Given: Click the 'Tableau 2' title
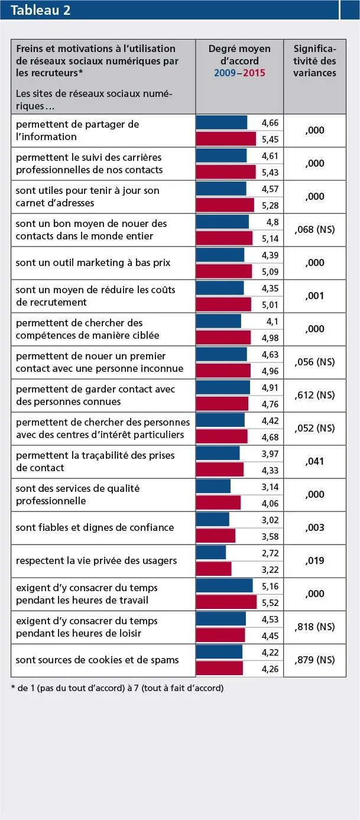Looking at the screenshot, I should pyautogui.click(x=41, y=10).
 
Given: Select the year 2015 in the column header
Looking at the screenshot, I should pyautogui.click(x=254, y=73).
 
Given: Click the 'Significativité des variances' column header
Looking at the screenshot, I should pyautogui.click(x=314, y=61).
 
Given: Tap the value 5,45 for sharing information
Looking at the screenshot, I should pyautogui.click(x=270, y=140).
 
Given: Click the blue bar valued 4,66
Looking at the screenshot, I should pyautogui.click(x=221, y=122).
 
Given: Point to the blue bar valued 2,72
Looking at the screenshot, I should pyautogui.click(x=210, y=553).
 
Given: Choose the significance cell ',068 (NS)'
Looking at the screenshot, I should pyautogui.click(x=314, y=229).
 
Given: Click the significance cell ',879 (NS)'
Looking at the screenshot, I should pyautogui.click(x=314, y=660).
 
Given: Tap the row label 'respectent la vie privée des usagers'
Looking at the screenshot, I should pyautogui.click(x=96, y=560).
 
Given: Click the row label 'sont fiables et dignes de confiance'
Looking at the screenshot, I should pyautogui.click(x=95, y=527).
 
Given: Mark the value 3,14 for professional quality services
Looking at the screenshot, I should pyautogui.click(x=270, y=487).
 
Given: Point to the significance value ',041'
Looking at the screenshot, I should pyautogui.click(x=314, y=461).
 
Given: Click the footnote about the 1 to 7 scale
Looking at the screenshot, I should pyautogui.click(x=117, y=688).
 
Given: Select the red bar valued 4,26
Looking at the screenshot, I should pyautogui.click(x=219, y=669).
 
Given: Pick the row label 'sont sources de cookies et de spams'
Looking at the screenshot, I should pyautogui.click(x=97, y=660).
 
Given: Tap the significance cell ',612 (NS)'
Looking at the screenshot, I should pyautogui.click(x=314, y=395).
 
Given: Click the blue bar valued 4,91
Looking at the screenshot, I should pyautogui.click(x=222, y=387).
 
